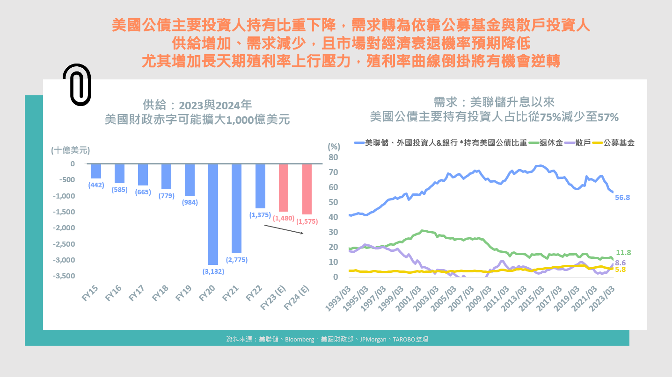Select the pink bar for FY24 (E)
click(307, 189)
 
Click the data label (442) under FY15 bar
click(96, 185)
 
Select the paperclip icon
click(77, 85)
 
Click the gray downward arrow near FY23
click(284, 229)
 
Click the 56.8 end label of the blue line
click(622, 198)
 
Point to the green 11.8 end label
click(623, 253)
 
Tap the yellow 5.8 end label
click(621, 270)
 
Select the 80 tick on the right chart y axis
click(333, 157)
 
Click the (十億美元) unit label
click(71, 150)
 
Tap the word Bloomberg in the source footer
click(299, 340)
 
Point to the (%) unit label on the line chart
click(334, 146)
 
